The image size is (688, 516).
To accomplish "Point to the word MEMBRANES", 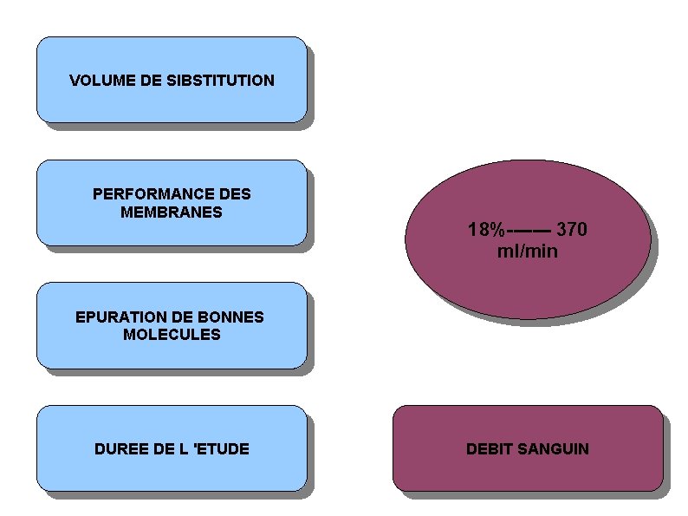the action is [172, 212].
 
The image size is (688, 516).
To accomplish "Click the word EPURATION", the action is [118, 317].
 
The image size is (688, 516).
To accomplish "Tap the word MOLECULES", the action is [172, 334].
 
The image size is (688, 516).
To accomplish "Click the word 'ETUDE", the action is [222, 449].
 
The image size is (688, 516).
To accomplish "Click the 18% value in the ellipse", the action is [485, 231].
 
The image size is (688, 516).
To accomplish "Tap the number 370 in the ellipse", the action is [572, 231].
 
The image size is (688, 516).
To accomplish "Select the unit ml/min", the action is [528, 251].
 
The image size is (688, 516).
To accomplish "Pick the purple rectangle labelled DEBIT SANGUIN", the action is [528, 473].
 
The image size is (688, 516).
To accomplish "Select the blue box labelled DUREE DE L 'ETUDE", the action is [172, 473].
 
